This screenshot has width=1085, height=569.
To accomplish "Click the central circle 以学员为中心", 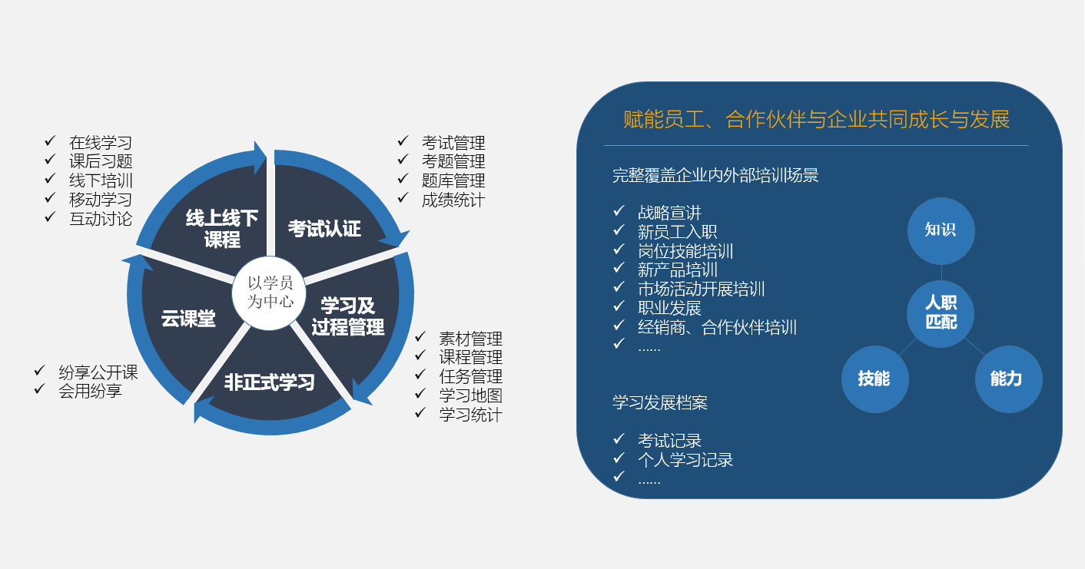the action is point(269,293).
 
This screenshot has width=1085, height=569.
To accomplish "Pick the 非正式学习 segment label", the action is point(269,382).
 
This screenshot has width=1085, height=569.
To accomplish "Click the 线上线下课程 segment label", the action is point(222,229).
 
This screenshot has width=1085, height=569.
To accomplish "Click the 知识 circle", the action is point(941,231).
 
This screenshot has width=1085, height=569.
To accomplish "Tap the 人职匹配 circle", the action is point(941,313).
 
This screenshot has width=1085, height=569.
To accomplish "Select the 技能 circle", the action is point(874,379).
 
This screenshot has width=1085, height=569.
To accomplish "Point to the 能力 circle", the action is point(1008,379).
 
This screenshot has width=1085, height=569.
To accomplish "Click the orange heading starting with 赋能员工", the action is point(817,120).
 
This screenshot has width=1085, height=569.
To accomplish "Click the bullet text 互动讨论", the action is point(101,219).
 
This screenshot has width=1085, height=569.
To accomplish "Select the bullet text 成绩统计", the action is point(453,200).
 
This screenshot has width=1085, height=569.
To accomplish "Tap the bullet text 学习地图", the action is point(471,395).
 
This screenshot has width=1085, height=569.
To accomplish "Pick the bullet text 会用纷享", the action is point(90,391).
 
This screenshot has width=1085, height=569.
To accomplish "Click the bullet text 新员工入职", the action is point(677,232).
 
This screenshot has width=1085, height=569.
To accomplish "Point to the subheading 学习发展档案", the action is point(660,402).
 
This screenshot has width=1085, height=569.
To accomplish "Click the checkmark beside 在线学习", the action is point(50,141).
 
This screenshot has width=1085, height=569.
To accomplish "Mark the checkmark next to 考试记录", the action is point(619,438).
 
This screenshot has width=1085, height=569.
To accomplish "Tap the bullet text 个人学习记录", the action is point(685,460).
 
